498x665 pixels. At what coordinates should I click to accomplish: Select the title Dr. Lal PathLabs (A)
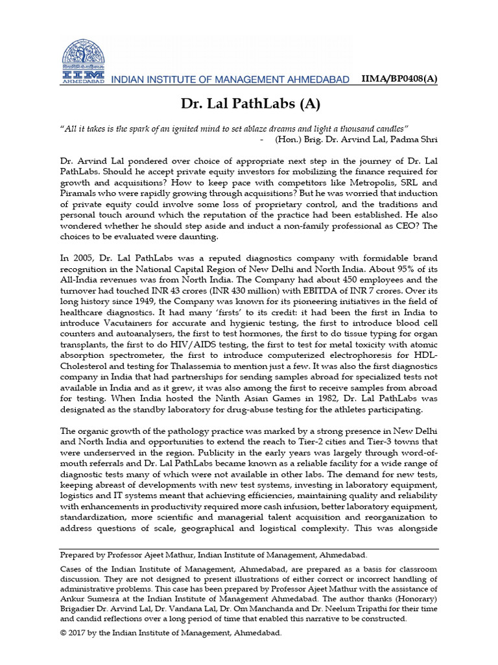pyautogui.click(x=249, y=104)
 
